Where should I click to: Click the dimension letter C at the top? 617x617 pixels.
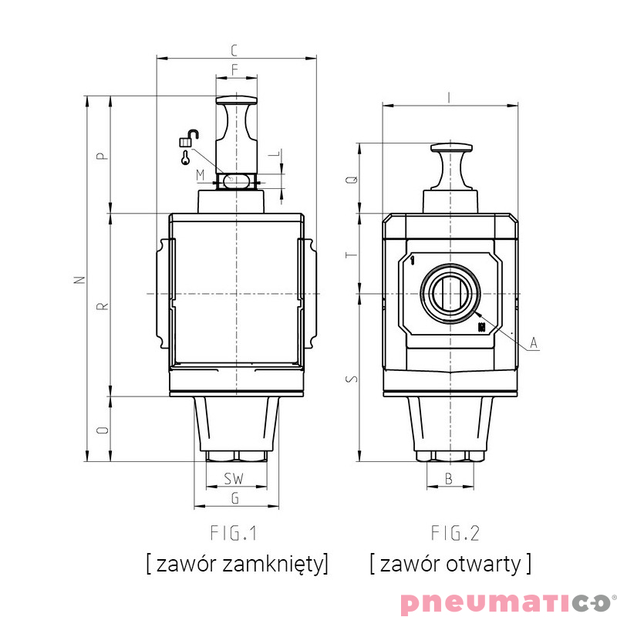click(x=235, y=51)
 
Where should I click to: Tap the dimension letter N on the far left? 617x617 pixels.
click(x=78, y=279)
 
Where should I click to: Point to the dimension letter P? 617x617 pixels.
click(x=102, y=155)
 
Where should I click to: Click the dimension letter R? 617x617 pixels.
click(x=102, y=306)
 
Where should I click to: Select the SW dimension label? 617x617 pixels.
click(x=234, y=479)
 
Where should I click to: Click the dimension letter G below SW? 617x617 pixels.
click(x=235, y=498)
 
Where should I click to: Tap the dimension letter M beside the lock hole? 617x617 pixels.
click(x=201, y=175)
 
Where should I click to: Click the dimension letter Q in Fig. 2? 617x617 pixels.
click(x=352, y=179)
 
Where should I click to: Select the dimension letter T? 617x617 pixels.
click(x=352, y=254)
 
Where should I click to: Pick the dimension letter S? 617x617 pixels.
click(x=352, y=378)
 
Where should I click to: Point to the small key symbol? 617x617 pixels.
click(x=186, y=158)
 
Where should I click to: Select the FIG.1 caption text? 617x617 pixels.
click(x=234, y=533)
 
